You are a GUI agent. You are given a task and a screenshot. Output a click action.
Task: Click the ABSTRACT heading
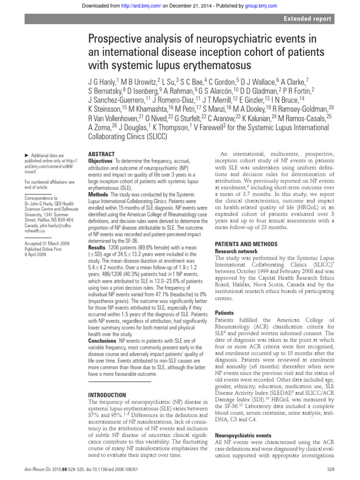coord(102,154)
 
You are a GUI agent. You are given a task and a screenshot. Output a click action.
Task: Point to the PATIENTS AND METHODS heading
coord(246,244)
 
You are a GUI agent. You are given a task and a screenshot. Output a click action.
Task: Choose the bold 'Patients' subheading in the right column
coord(224,313)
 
